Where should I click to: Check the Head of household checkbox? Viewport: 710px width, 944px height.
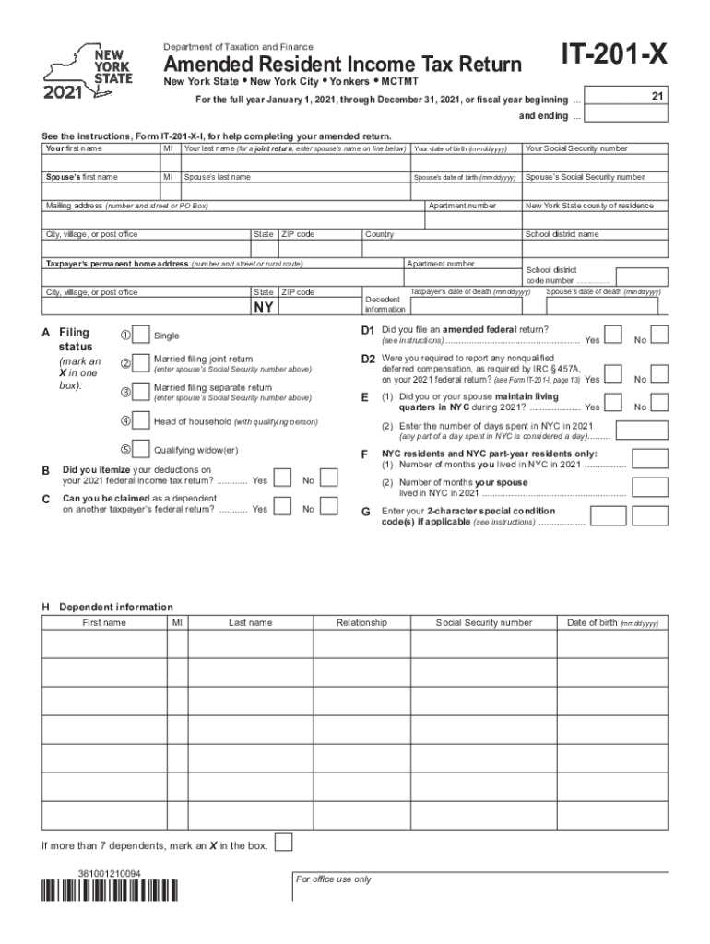141,420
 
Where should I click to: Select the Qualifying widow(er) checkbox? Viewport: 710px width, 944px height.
141,449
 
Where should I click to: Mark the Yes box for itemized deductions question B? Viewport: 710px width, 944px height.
285,478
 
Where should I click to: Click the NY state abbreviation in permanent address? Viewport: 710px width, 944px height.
263,307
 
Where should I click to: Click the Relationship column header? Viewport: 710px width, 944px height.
361,623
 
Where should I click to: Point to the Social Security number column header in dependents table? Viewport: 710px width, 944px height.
484,623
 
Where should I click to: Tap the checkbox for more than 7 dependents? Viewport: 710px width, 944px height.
285,843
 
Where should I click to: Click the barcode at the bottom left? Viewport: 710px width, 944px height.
109,891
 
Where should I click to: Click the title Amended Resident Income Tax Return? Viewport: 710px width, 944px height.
343,65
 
